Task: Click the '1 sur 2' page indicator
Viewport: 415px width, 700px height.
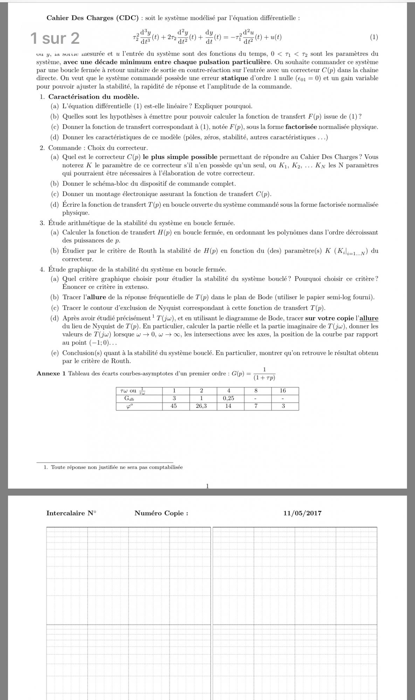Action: coord(55,38)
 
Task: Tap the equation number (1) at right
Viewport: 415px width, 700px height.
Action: coord(374,37)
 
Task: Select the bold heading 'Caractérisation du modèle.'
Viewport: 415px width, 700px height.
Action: coord(94,97)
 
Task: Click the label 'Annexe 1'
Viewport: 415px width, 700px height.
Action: coord(51,373)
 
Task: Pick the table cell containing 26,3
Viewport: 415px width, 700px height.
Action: coord(201,406)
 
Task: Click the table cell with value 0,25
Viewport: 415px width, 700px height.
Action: coord(228,398)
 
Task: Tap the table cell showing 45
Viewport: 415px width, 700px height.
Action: coord(174,406)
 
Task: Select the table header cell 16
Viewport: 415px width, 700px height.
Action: coord(283,391)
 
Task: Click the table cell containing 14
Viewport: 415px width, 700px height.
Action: coord(228,406)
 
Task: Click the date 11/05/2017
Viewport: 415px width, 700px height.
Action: coord(302,513)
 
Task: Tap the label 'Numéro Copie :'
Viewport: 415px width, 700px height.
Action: coord(161,513)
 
